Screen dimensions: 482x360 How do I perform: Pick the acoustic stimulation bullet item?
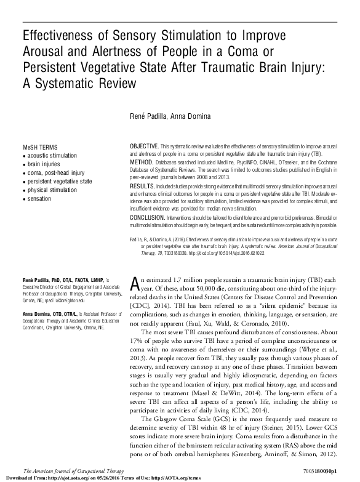tap(52, 156)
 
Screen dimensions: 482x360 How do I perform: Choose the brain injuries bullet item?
tap(45, 165)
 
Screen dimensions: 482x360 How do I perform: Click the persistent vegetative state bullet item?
tap(59, 182)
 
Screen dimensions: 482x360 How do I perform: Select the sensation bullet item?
tap(40, 199)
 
